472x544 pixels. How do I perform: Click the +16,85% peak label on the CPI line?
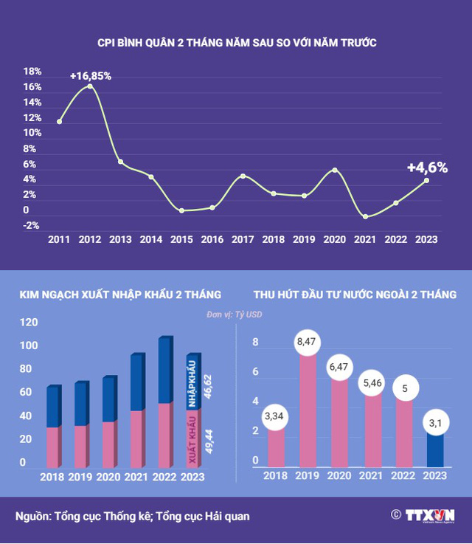click(91, 75)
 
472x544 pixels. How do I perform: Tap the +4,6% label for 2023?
click(428, 168)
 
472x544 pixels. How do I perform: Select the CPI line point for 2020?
click(336, 170)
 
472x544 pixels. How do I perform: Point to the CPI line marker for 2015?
click(181, 210)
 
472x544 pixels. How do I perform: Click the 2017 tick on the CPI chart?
click(243, 239)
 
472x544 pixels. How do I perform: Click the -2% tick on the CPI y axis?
click(31, 226)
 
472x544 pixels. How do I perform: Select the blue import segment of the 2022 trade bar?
click(166, 371)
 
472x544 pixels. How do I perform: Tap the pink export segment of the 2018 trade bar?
click(53, 447)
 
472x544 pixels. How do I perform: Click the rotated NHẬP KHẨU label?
click(192, 385)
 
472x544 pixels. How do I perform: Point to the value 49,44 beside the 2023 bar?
click(209, 438)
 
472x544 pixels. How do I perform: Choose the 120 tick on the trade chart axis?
click(28, 323)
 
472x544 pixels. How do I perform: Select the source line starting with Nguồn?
click(133, 517)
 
